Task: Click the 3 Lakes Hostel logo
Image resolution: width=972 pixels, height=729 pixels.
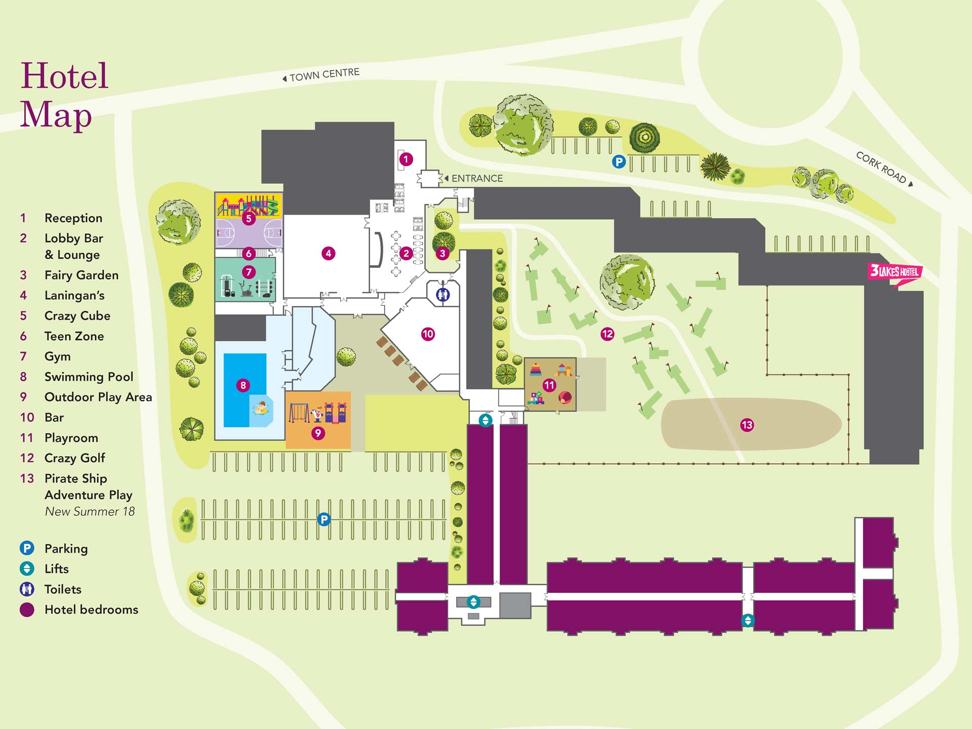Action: pos(895,272)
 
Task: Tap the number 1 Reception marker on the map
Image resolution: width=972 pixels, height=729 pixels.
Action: pos(406,159)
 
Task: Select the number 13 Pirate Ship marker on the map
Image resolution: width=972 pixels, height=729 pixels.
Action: pos(747,425)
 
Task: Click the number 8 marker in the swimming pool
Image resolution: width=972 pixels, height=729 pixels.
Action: pos(243,385)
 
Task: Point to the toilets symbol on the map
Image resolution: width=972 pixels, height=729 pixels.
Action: pos(443,294)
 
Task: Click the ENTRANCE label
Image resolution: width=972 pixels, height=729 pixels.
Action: pos(476,178)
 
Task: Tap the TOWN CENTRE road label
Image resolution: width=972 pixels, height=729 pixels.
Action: pos(324,74)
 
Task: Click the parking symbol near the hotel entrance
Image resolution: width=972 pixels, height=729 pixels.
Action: pos(619,162)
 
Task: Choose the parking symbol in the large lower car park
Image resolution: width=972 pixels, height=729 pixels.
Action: pos(324,519)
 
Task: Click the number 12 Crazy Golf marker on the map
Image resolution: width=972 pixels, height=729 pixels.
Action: pos(607,334)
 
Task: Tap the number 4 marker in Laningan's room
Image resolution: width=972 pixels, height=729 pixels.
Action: pos(329,253)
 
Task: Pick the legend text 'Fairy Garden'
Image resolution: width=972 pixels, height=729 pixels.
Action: pos(82,275)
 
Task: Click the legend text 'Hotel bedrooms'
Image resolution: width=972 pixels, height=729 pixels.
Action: pos(91,610)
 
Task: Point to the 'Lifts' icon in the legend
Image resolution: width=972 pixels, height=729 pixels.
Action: pos(27,569)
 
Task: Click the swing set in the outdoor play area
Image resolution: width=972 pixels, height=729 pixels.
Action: pos(299,412)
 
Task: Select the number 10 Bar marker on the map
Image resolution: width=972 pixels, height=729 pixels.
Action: pos(428,334)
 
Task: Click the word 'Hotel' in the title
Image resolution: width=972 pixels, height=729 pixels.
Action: pos(64,76)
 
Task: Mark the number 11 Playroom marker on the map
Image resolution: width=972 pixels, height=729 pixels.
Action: pos(549,385)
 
